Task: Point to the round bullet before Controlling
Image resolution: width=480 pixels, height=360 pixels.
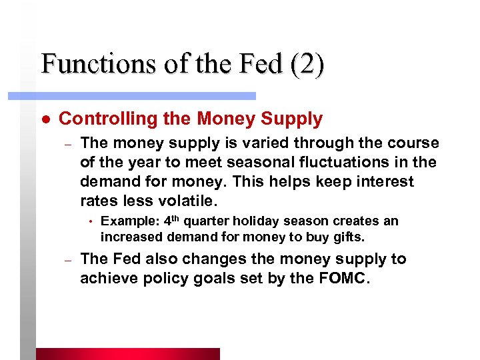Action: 43,119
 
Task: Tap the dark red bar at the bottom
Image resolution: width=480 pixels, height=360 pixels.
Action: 127,354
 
